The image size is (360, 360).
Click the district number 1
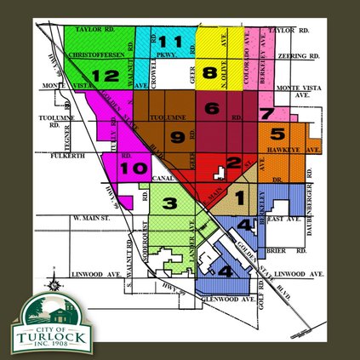239,197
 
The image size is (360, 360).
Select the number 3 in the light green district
169,203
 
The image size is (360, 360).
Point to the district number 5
276,134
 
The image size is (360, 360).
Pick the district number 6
212,108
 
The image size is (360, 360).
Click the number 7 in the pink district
267,114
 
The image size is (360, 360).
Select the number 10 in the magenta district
135,169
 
